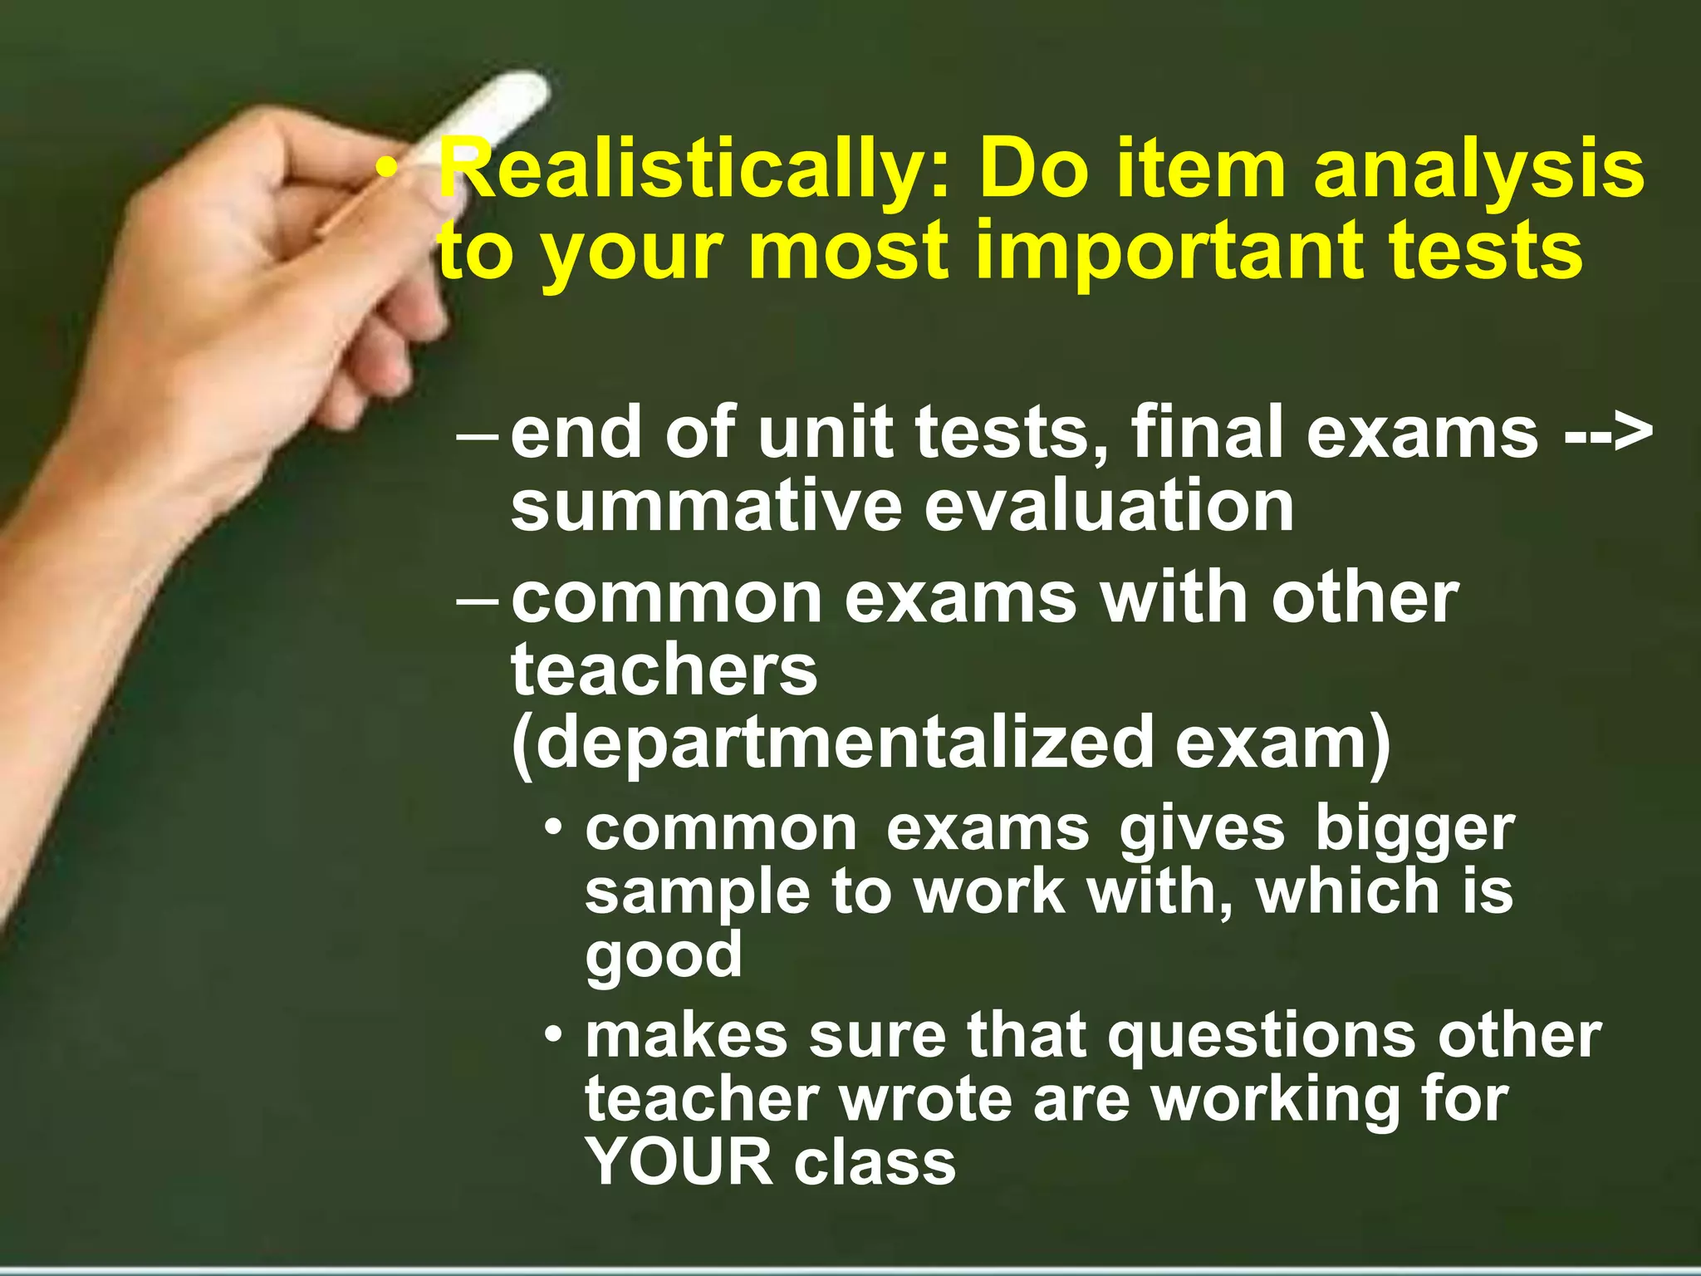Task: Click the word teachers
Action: [x=664, y=671]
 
